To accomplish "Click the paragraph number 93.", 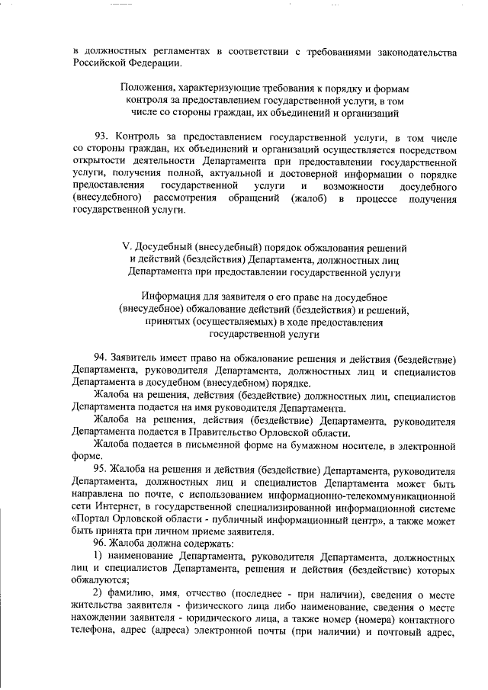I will click(101, 136).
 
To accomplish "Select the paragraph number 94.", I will click(101, 358).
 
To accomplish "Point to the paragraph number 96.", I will click(101, 543).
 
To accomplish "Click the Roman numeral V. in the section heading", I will click(127, 248).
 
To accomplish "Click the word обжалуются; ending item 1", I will click(101, 580).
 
